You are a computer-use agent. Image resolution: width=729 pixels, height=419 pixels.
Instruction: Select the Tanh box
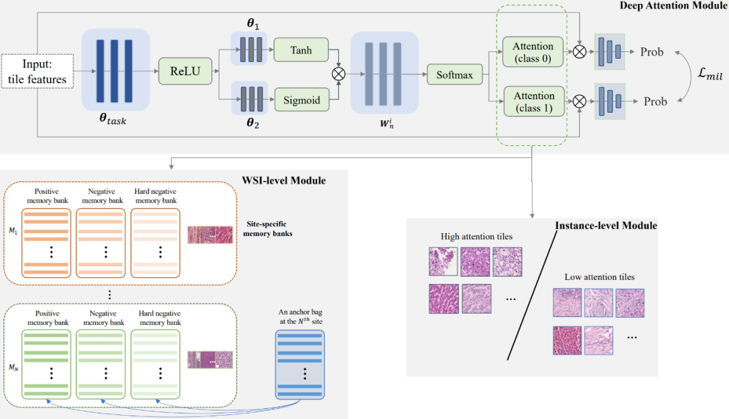tap(300, 50)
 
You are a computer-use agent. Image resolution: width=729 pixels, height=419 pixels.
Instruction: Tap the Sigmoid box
tap(300, 102)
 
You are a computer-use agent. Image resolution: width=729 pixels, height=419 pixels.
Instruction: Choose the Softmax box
tap(454, 76)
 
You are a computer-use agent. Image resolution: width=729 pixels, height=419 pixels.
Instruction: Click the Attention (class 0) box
tap(533, 51)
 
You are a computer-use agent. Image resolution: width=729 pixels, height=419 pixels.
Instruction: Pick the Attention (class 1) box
tap(533, 101)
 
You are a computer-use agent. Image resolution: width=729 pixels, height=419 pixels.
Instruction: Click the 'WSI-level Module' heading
tap(283, 181)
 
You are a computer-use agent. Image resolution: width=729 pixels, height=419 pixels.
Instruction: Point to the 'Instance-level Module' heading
tap(605, 225)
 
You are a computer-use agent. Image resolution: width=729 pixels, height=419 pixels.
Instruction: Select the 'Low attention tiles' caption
tap(599, 277)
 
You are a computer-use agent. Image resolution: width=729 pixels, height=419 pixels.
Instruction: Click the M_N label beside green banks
tap(13, 368)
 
